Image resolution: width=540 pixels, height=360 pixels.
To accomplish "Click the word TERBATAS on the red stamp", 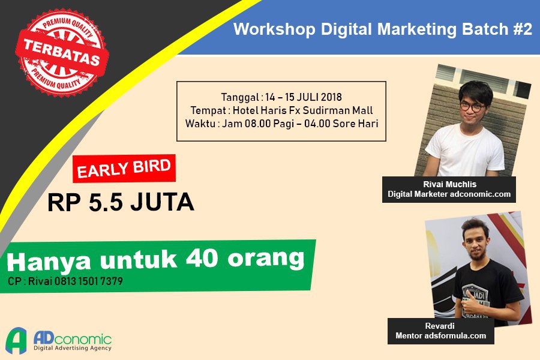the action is pos(62,52).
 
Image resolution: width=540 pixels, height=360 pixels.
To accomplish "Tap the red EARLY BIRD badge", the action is pos(124,168).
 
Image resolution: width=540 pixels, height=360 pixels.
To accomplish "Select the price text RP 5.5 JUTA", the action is pos(121,202).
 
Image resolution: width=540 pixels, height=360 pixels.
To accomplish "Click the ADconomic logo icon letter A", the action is pos(17,340).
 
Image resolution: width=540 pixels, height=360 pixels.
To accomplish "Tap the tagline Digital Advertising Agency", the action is pos(73,348).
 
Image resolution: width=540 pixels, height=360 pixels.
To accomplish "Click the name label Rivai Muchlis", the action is pos(450,184).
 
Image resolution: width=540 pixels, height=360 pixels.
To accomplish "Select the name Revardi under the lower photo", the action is pos(440,326).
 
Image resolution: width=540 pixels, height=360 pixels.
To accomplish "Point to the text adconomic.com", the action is pos(481,194).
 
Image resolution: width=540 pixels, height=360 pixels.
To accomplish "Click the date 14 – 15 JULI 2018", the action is pos(304,97).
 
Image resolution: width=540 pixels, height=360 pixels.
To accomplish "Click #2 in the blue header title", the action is pos(523,29).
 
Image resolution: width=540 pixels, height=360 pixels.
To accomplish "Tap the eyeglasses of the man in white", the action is pos(472,106).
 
